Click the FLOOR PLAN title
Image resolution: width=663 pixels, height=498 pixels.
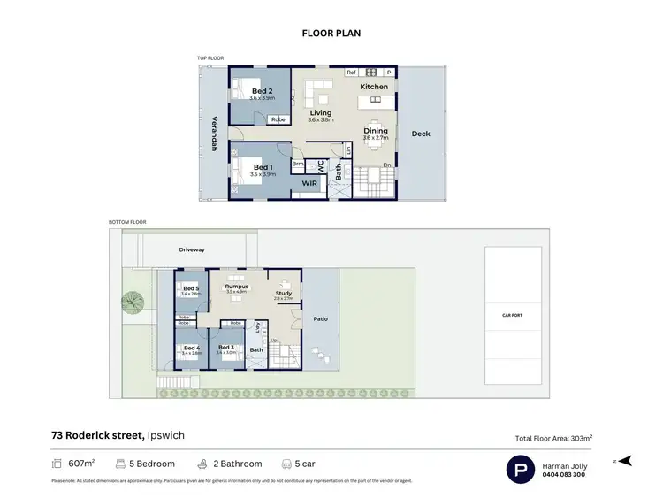point(331,34)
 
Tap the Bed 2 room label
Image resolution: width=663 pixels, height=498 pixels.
point(261,91)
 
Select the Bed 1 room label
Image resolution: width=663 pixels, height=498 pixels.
point(263,167)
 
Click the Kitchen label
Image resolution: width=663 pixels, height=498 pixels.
point(374,87)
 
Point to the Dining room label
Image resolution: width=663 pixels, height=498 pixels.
point(375,131)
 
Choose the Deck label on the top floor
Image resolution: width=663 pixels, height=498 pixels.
point(421,134)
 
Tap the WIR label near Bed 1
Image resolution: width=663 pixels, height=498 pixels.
point(309,183)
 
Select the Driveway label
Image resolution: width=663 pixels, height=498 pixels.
point(192,249)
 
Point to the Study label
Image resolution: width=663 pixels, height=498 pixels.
point(283,293)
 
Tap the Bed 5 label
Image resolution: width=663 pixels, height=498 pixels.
point(191,288)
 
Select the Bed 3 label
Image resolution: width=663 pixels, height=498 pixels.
point(225,347)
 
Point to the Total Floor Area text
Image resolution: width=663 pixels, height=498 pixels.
point(553,438)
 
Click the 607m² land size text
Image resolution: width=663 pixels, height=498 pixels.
point(81,463)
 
